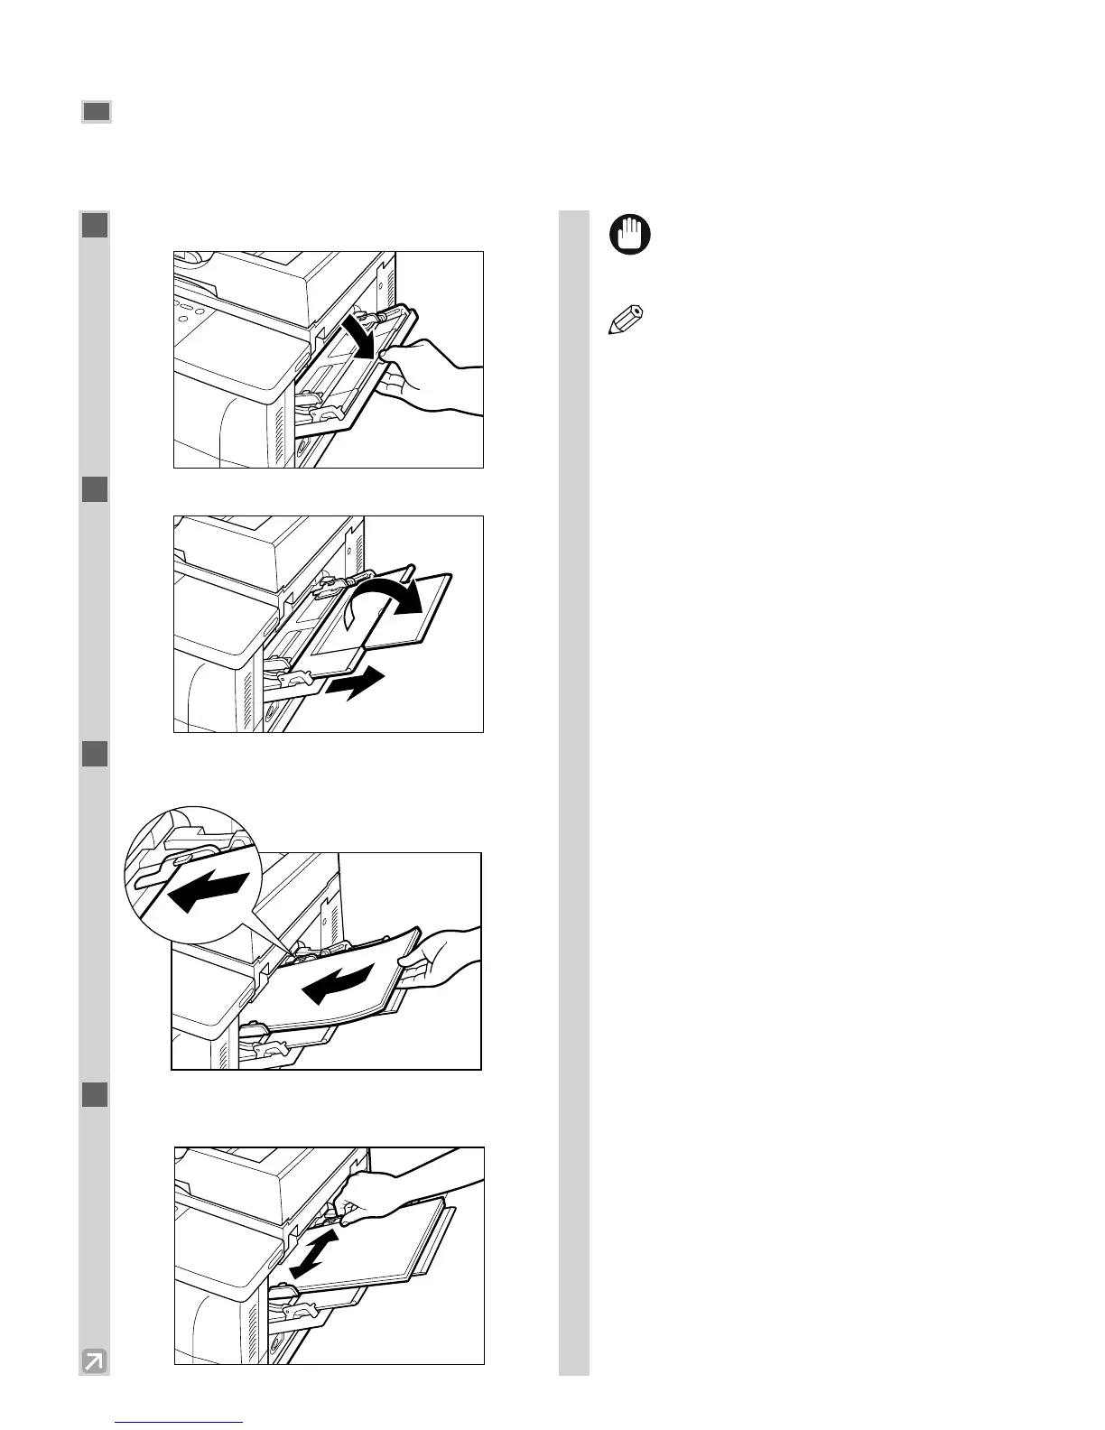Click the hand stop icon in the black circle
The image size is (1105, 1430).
click(x=630, y=237)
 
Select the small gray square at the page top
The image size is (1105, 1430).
click(x=97, y=112)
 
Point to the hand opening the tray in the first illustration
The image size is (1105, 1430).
click(x=429, y=376)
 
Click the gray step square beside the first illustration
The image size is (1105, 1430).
click(x=95, y=225)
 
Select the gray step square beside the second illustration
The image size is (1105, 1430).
click(x=95, y=489)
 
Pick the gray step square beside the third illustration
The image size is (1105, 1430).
click(x=95, y=754)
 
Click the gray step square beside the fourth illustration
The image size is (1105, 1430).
click(x=95, y=1094)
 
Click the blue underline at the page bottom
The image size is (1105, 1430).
click(x=181, y=1422)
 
